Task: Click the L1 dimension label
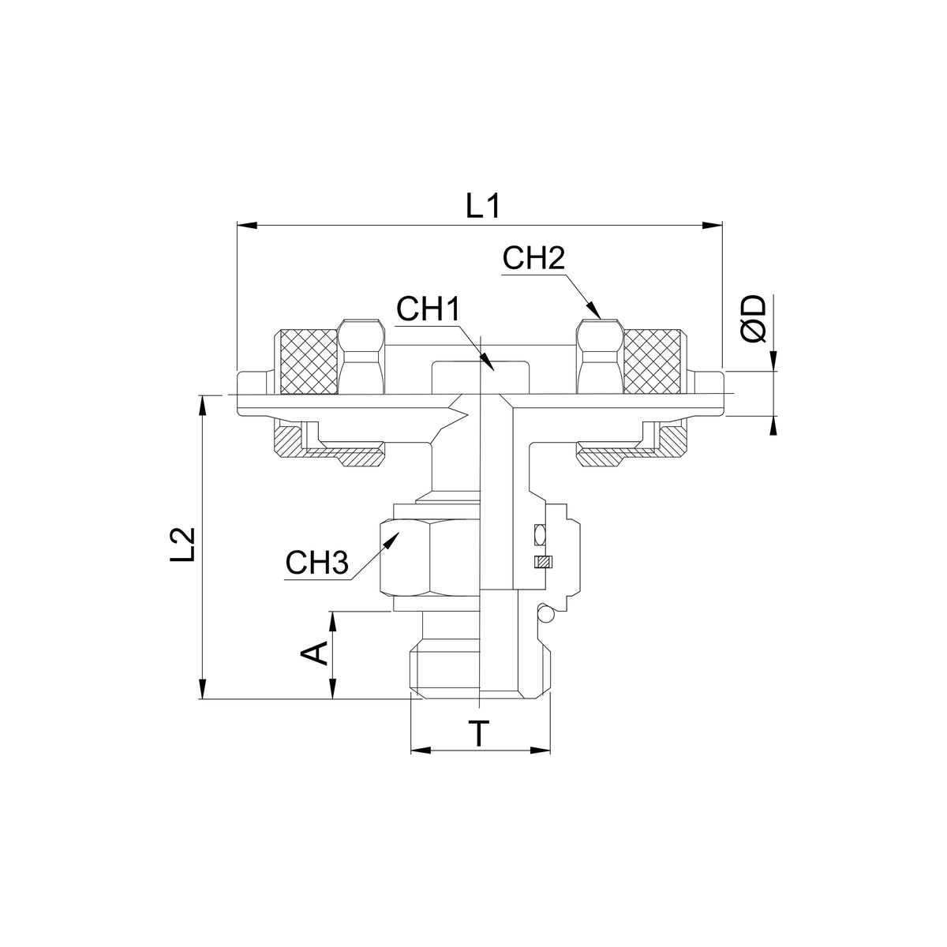click(x=483, y=207)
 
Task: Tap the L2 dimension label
click(x=184, y=544)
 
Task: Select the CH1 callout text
click(x=428, y=309)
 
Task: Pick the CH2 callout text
click(x=533, y=259)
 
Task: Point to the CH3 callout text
click(x=317, y=563)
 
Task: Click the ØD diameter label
click(x=754, y=319)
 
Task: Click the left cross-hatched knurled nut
click(x=309, y=361)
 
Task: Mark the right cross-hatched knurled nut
click(x=652, y=361)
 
